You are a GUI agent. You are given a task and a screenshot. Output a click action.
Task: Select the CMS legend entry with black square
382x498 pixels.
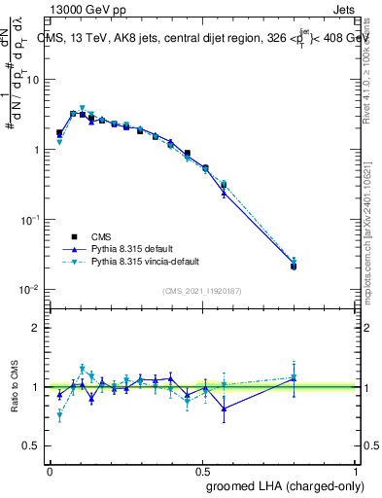tap(100, 236)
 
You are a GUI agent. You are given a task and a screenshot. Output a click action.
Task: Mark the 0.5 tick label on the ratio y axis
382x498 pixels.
tap(32, 445)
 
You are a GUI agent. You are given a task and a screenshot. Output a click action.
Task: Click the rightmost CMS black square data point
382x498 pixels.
tap(294, 266)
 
